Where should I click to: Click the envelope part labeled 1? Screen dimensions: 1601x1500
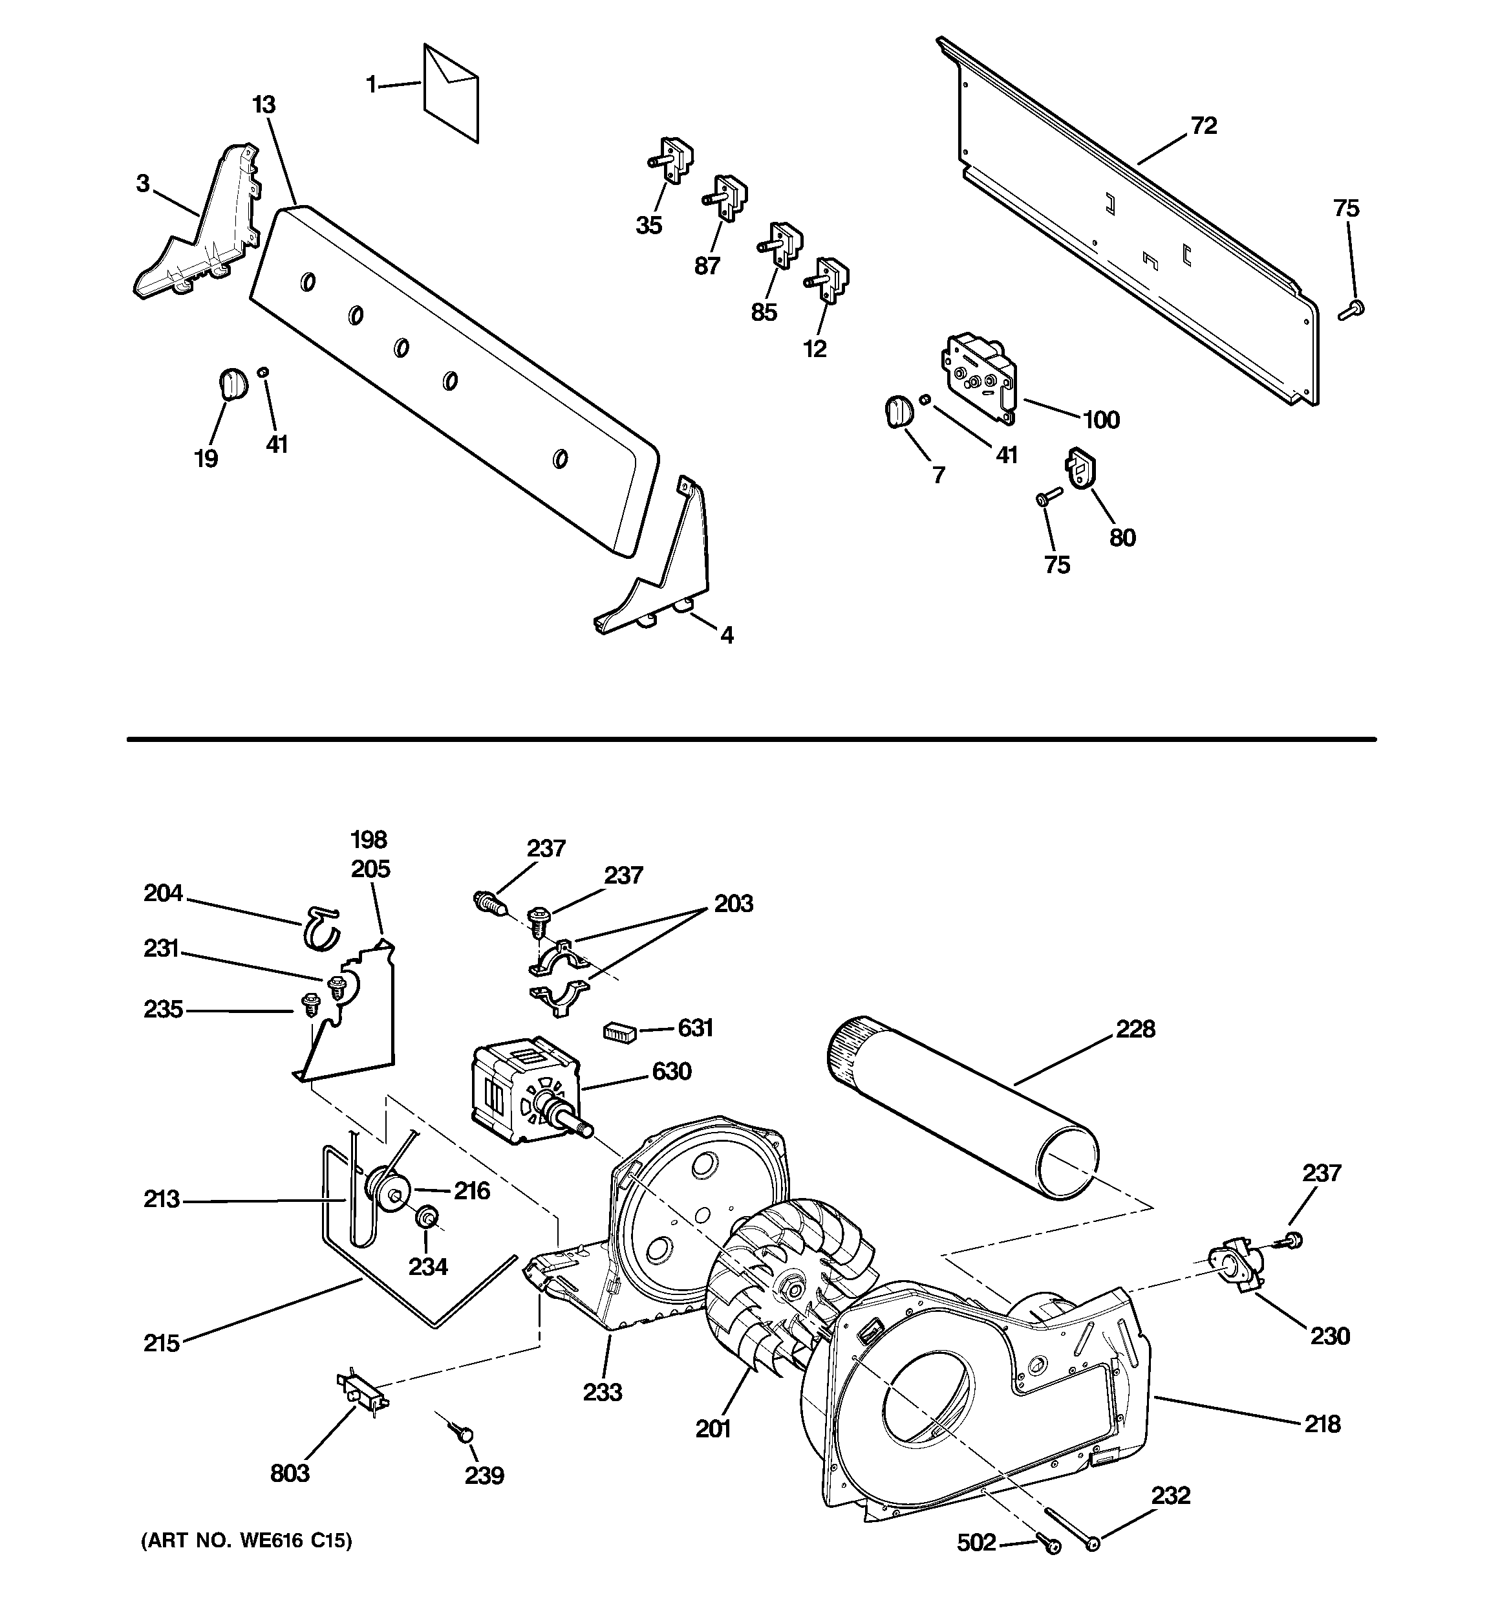pos(451,93)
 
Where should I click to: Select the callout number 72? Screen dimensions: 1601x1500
pos(1204,125)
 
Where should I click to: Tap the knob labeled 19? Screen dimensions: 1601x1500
pos(232,382)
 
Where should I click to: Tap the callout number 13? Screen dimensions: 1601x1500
pos(263,105)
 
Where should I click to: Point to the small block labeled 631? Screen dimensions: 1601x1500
pos(620,1032)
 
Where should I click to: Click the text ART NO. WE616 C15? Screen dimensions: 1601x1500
pos(247,1541)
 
